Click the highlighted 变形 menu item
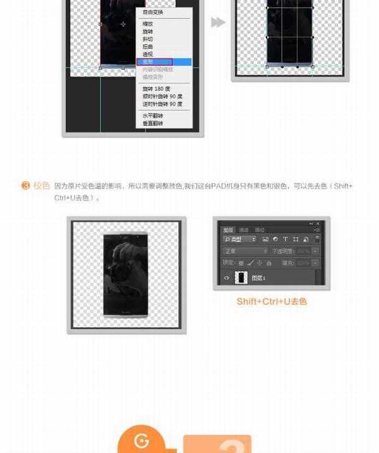(154, 62)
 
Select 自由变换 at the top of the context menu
(153, 13)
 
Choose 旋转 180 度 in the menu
(156, 89)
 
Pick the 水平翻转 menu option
(152, 116)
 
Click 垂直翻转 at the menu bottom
(152, 124)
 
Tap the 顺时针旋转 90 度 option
(162, 97)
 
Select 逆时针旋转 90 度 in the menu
(162, 104)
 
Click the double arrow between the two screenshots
(218, 23)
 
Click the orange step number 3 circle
(26, 186)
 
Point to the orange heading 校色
(42, 186)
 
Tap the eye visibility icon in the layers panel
(227, 278)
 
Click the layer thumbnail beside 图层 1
(241, 278)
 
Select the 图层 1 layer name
(259, 278)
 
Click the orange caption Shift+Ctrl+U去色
(272, 302)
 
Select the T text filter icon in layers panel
(286, 239)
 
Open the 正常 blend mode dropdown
(245, 251)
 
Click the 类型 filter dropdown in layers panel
(239, 239)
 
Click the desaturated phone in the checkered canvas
(126, 275)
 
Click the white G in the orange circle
(141, 440)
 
